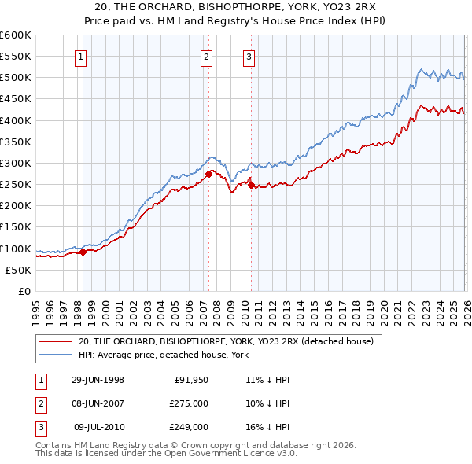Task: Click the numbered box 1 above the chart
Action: (x=82, y=56)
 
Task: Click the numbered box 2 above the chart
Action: (x=206, y=56)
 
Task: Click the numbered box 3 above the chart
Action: (x=249, y=56)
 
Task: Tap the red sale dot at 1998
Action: (x=83, y=252)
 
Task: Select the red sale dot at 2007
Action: (x=208, y=174)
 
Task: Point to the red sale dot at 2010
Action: (x=251, y=185)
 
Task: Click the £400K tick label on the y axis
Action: (x=16, y=120)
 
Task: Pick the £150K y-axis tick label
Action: (x=16, y=227)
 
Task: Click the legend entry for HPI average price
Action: (x=164, y=355)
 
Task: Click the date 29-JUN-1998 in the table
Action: (x=98, y=379)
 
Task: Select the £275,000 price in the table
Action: (x=189, y=403)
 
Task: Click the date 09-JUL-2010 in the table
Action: (x=98, y=428)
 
